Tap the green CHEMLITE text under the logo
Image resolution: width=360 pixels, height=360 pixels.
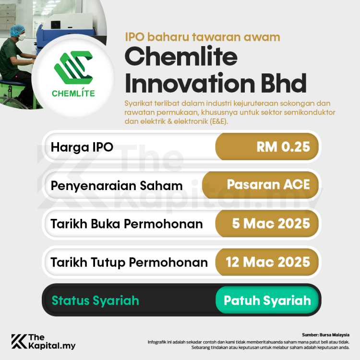pyautogui.click(x=73, y=93)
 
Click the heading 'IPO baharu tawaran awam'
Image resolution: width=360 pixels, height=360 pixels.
pyautogui.click(x=202, y=37)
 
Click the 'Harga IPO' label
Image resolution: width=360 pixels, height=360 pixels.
pyautogui.click(x=82, y=147)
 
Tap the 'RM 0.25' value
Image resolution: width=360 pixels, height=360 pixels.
pyautogui.click(x=283, y=147)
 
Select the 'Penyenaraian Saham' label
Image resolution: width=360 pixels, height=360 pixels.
pyautogui.click(x=117, y=186)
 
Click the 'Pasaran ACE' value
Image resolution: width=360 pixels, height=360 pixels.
pyautogui.click(x=268, y=184)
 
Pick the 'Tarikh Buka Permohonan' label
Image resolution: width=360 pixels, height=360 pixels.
pyautogui.click(x=127, y=224)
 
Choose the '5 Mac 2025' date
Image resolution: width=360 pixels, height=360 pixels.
pyautogui.click(x=271, y=224)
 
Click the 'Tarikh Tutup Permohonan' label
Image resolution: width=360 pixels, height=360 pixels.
pyautogui.click(x=129, y=263)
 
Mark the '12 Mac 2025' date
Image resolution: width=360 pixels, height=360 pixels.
pyautogui.click(x=268, y=262)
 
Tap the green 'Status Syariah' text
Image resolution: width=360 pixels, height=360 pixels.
pyautogui.click(x=95, y=300)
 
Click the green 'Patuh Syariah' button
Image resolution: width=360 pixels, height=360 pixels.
pyautogui.click(x=267, y=300)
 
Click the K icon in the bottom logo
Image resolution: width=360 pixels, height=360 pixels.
pyautogui.click(x=19, y=341)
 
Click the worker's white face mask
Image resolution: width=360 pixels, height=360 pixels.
pyautogui.click(x=20, y=36)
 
